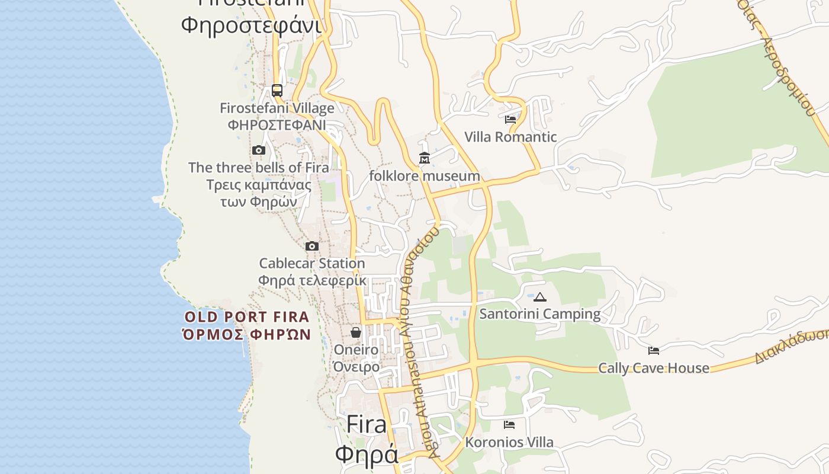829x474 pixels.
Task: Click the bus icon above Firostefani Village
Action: pyautogui.click(x=277, y=91)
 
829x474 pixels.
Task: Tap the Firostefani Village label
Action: pyautogui.click(x=277, y=108)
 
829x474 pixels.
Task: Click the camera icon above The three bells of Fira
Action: pyautogui.click(x=258, y=150)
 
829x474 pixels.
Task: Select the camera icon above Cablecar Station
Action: pyautogui.click(x=312, y=246)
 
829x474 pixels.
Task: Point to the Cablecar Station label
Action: pyautogui.click(x=312, y=263)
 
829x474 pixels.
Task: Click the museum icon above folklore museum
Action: pyautogui.click(x=425, y=159)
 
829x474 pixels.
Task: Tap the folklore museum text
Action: pyautogui.click(x=425, y=176)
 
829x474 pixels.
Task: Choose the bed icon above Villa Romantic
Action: pyautogui.click(x=510, y=120)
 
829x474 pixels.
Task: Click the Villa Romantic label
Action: pyautogui.click(x=510, y=137)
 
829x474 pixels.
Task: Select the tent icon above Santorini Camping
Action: pyautogui.click(x=539, y=297)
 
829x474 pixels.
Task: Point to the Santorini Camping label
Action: pyautogui.click(x=539, y=314)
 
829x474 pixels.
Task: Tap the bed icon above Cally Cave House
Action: pyautogui.click(x=654, y=351)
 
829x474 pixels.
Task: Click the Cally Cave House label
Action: pyautogui.click(x=654, y=368)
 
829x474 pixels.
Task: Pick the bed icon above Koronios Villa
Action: pyautogui.click(x=509, y=425)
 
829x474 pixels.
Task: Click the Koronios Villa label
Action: pyautogui.click(x=509, y=442)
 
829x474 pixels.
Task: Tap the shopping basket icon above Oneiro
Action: pyautogui.click(x=356, y=332)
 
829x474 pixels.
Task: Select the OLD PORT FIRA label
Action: pyautogui.click(x=247, y=317)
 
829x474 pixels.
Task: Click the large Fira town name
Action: pyautogui.click(x=367, y=424)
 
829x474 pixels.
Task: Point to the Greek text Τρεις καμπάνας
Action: pyautogui.click(x=259, y=185)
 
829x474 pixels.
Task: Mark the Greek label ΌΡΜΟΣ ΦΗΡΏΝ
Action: pyautogui.click(x=247, y=335)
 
